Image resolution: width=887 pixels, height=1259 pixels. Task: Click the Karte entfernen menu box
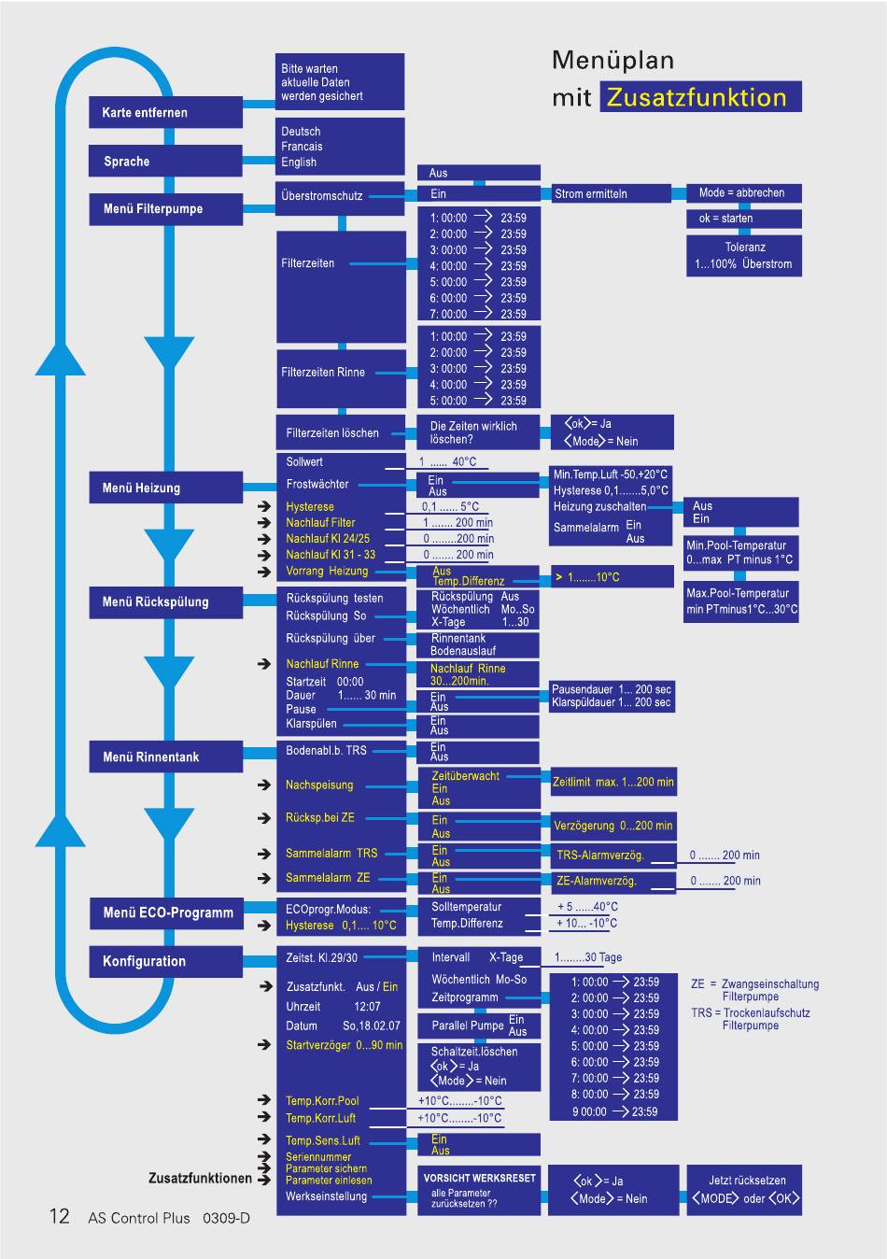click(165, 112)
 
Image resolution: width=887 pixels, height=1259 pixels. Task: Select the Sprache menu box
click(165, 161)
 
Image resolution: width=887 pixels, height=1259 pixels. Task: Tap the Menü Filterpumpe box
click(165, 209)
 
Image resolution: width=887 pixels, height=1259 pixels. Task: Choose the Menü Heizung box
click(165, 488)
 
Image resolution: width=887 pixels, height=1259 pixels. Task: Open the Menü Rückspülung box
click(165, 602)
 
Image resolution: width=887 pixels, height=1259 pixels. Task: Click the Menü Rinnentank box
click(165, 757)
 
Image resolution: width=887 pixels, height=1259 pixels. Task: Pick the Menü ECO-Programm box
click(166, 912)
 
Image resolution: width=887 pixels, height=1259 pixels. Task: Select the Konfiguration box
click(165, 962)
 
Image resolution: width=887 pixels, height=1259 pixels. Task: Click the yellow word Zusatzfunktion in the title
click(697, 97)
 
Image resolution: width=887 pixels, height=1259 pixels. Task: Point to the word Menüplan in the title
click(612, 60)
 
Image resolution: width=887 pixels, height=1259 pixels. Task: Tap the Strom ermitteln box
click(611, 194)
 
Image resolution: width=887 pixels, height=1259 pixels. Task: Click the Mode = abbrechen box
click(744, 192)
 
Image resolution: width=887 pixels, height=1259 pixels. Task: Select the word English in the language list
click(299, 163)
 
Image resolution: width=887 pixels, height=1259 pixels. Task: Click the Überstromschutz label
click(322, 196)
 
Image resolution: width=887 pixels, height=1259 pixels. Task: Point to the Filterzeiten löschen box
click(341, 432)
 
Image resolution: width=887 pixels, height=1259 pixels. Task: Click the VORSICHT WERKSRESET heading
click(479, 1178)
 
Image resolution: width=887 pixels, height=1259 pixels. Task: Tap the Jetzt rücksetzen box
click(744, 1190)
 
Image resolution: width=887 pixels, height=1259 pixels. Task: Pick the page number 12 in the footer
click(60, 1216)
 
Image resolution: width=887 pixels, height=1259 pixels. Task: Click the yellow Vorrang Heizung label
click(327, 571)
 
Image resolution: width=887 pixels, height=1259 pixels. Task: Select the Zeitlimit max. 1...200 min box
click(613, 782)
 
